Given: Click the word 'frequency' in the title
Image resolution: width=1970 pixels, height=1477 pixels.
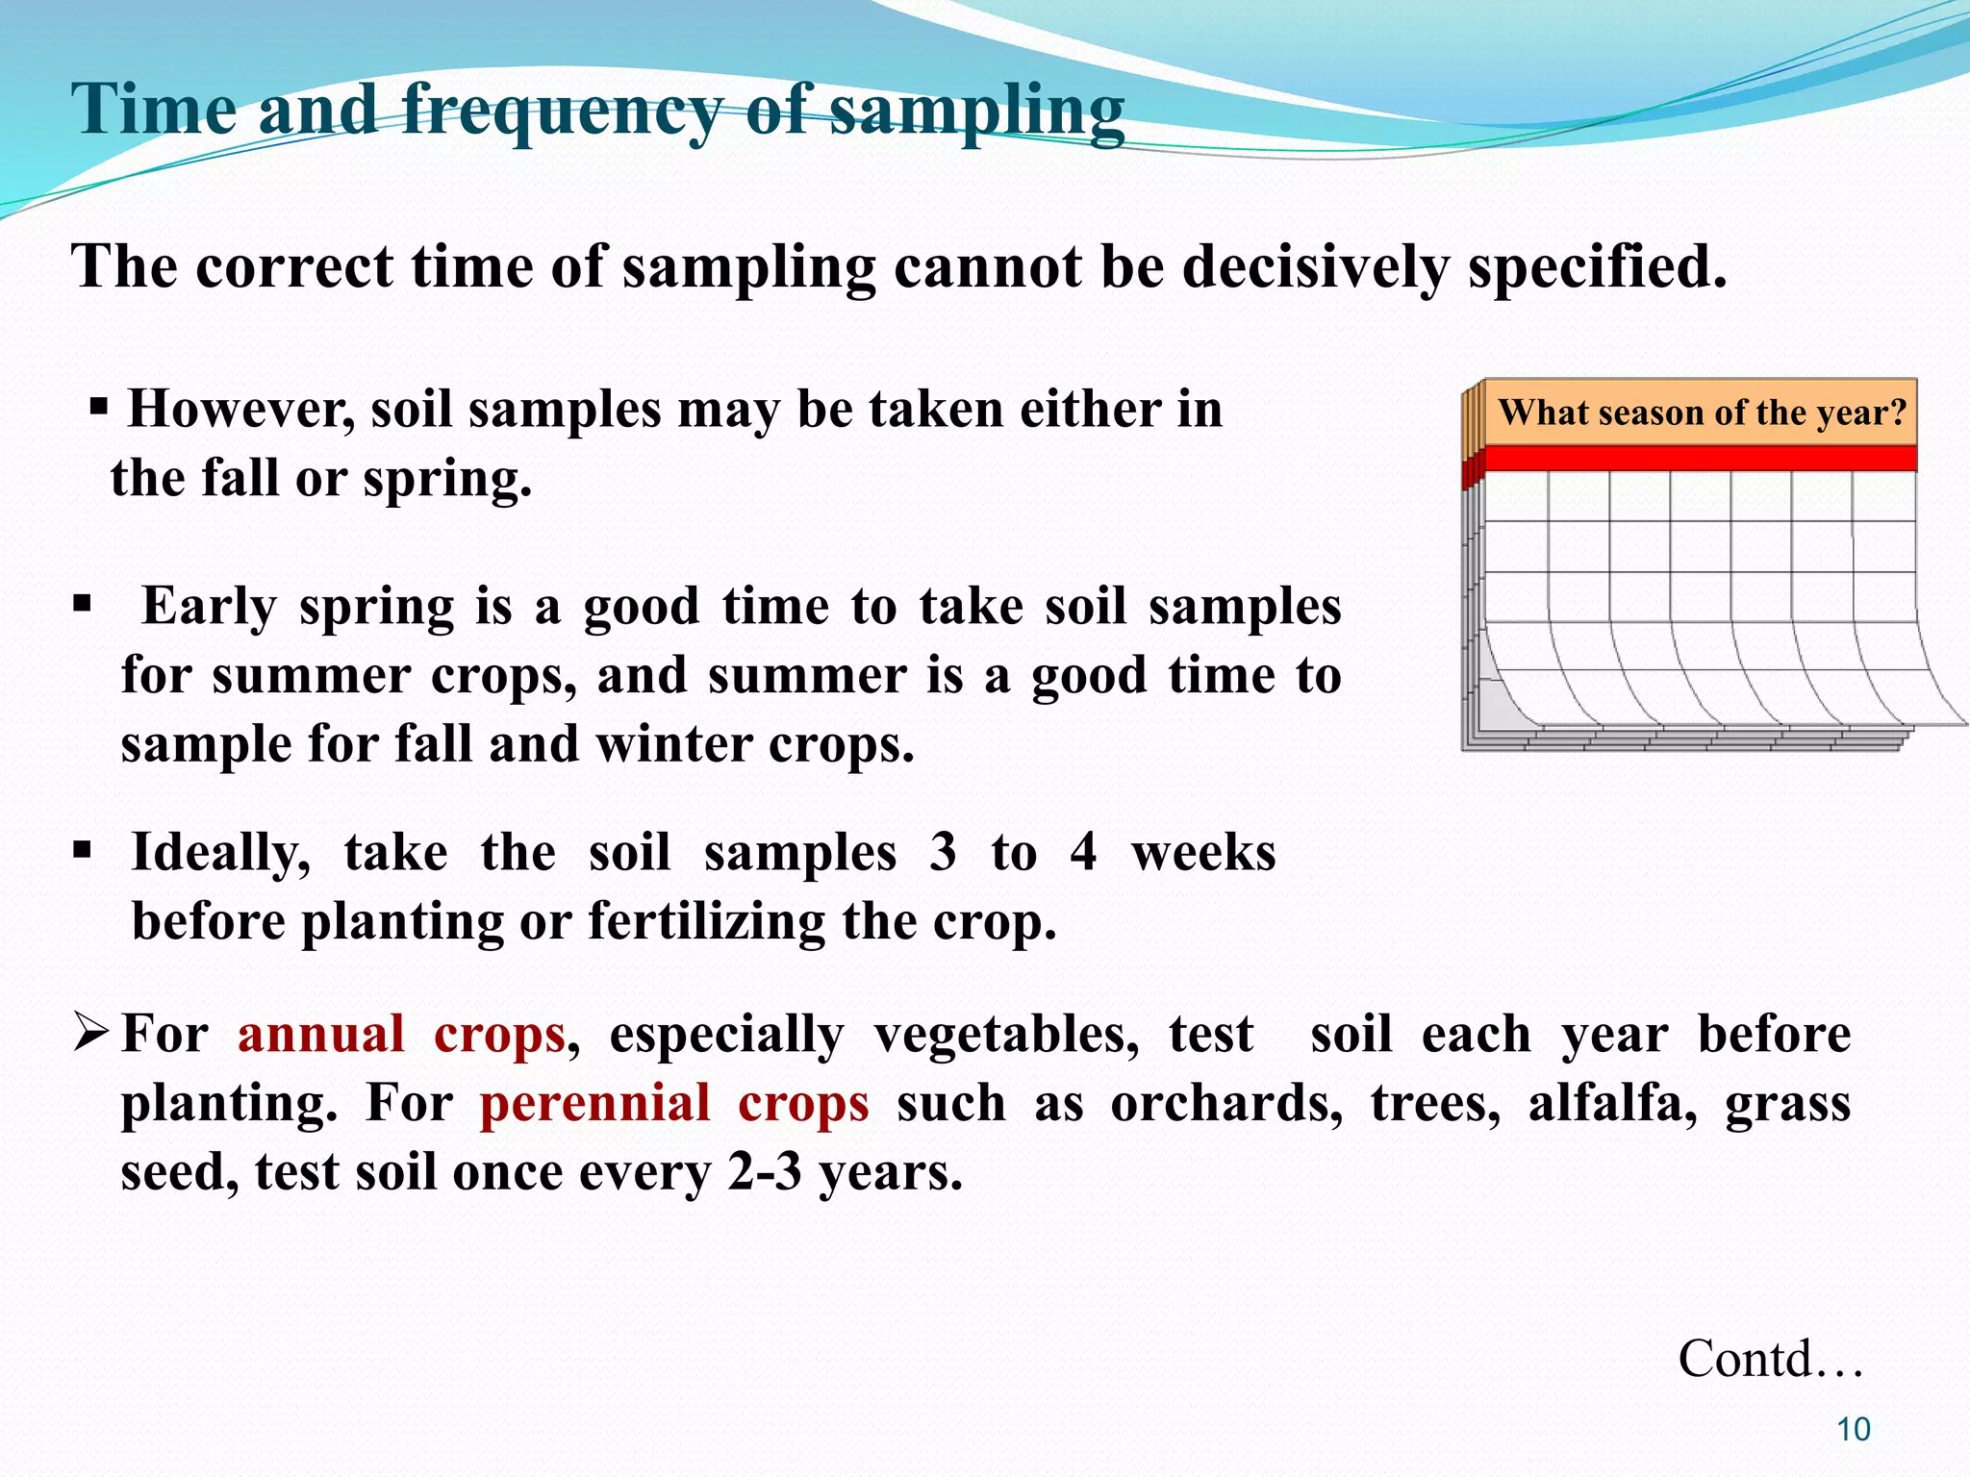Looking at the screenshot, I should click(562, 111).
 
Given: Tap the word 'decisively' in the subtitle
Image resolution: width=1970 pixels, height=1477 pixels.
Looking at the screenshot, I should click(1314, 266).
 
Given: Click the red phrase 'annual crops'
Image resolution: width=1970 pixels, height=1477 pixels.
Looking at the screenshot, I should click(401, 1036).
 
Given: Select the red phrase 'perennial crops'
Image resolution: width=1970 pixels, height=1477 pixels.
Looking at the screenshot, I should click(674, 1104).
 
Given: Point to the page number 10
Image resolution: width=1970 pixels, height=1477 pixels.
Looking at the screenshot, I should click(1853, 1430).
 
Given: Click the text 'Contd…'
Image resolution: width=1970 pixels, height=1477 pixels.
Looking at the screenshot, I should click(1770, 1359).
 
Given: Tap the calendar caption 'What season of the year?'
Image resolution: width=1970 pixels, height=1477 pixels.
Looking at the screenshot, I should click(1702, 413).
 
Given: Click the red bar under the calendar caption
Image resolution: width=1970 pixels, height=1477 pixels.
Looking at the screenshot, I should click(1700, 459).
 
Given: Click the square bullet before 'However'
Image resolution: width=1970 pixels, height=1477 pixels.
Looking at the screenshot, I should click(98, 408).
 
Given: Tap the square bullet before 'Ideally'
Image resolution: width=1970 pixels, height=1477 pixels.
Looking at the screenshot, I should click(83, 851).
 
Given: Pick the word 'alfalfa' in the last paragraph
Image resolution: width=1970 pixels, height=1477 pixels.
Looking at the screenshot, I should click(1612, 1104).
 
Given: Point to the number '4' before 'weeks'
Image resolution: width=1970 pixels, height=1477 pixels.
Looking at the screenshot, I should click(1083, 853).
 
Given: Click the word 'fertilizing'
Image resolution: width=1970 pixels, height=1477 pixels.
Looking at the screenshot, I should click(707, 922).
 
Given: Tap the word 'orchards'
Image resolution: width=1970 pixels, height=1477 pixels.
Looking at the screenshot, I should click(1226, 1104).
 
